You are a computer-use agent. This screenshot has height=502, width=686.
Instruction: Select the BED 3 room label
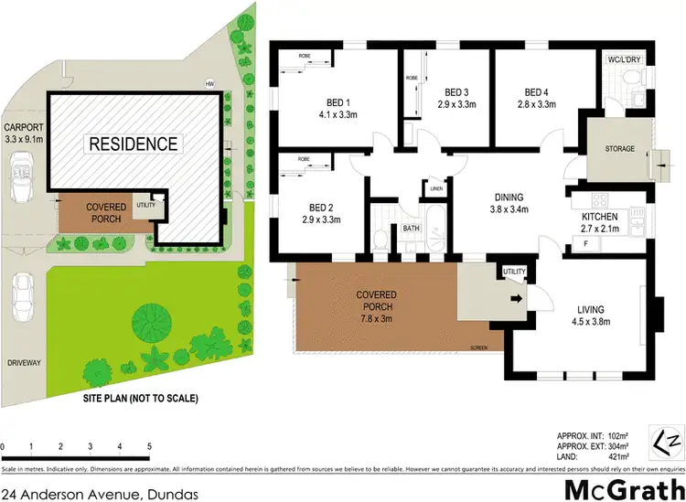tap(456, 99)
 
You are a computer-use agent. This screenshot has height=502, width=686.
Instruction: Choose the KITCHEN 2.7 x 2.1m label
tap(600, 222)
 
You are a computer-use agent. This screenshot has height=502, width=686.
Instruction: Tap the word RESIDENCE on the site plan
tap(133, 144)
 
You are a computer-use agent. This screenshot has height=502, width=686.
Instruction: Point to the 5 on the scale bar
tap(149, 445)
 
